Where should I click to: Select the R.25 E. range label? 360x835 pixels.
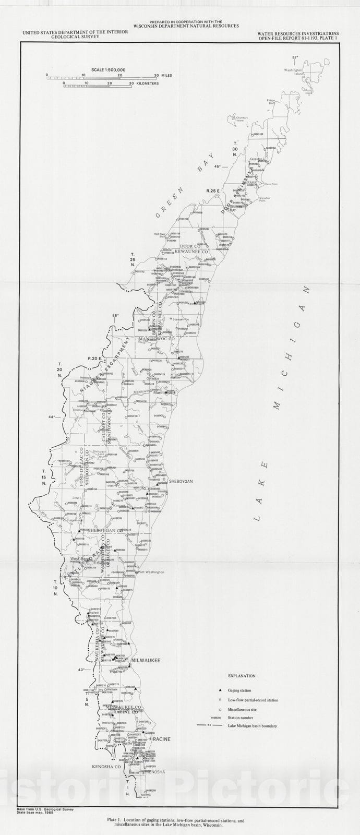[211, 192]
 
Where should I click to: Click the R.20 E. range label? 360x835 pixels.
[93, 358]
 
